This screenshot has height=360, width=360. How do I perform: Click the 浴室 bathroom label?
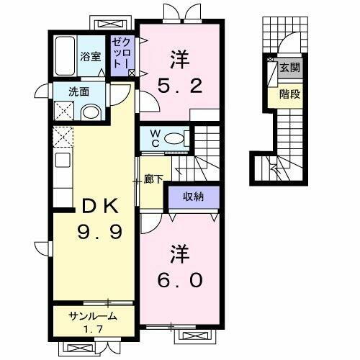[90, 56]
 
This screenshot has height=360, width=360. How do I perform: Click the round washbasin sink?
[90, 112]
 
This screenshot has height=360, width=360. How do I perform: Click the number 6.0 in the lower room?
[180, 281]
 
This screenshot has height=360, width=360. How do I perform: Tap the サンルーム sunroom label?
[93, 316]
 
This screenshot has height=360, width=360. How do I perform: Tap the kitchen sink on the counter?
[62, 160]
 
